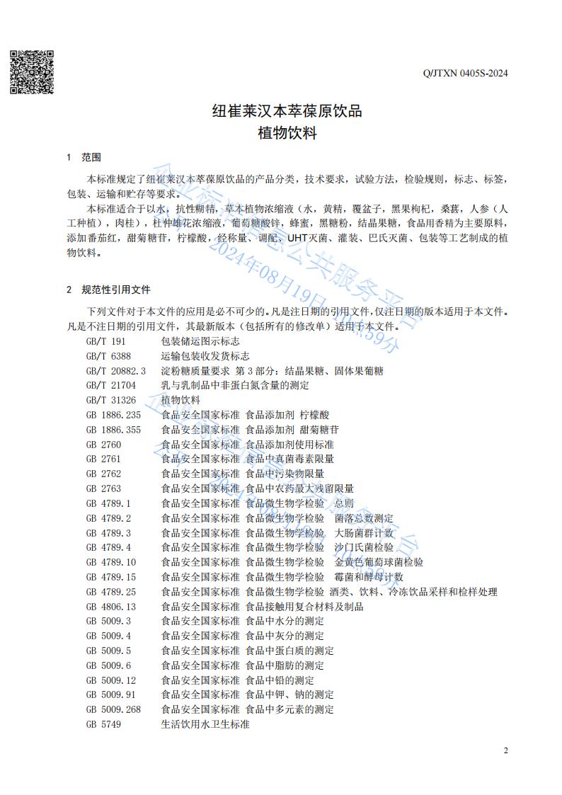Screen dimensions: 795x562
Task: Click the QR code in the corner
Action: [32, 72]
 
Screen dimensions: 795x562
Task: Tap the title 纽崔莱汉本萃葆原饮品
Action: [287, 110]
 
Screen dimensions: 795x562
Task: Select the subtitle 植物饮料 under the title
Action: [287, 132]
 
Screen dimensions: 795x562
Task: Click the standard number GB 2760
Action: [103, 444]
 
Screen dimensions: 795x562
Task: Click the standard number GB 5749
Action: [103, 724]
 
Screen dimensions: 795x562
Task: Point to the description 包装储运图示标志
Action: [200, 341]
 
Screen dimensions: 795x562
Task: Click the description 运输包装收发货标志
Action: [205, 355]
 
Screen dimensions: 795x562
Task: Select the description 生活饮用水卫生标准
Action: [205, 724]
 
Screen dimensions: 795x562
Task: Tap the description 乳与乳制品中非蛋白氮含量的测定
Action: [235, 385]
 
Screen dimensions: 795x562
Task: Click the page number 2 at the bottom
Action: [505, 750]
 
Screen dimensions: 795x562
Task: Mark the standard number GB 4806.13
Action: [111, 606]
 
